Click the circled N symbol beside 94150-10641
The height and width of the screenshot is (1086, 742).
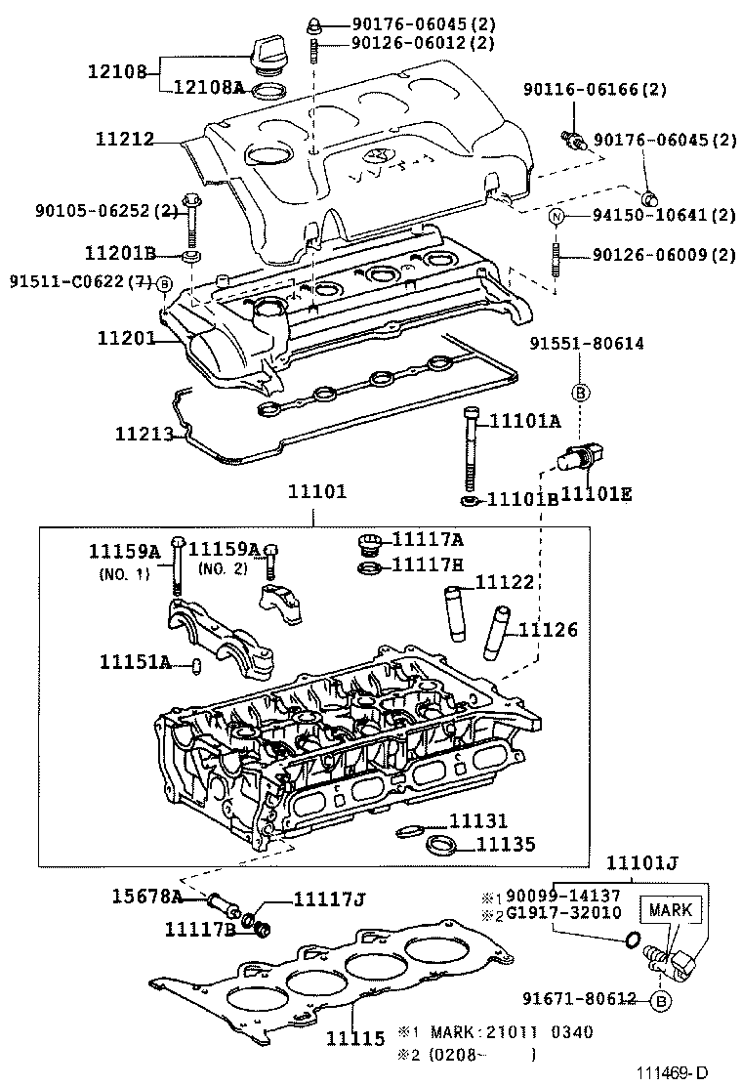click(556, 216)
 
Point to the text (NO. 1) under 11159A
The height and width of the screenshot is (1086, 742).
click(123, 573)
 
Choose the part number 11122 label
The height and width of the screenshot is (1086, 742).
click(505, 582)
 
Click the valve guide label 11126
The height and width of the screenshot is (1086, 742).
click(548, 630)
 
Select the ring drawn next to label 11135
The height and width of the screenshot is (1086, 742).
click(442, 844)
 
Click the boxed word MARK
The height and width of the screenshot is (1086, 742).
click(670, 910)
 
